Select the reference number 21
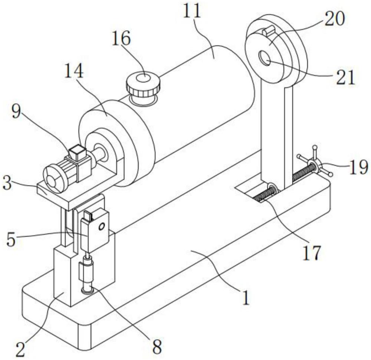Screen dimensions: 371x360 click(x=345, y=78)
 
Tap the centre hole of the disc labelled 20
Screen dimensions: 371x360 click(x=266, y=58)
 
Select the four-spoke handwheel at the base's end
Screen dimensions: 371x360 click(x=315, y=164)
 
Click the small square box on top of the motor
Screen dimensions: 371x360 click(x=77, y=152)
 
